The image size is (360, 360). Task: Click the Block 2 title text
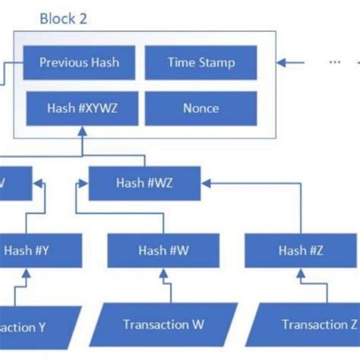[68, 18]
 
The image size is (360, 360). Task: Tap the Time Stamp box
[201, 63]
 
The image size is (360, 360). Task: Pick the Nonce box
[201, 109]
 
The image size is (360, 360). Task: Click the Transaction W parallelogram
[163, 324]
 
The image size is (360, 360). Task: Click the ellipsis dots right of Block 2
[335, 63]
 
